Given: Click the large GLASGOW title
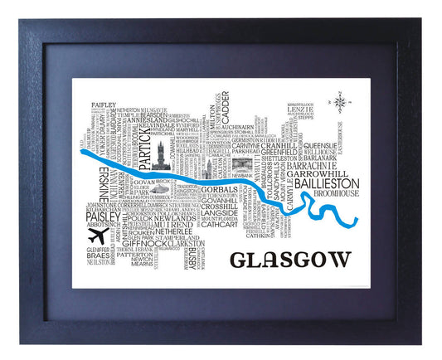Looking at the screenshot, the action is tap(289, 260).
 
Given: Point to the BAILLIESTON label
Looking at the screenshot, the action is tap(324, 182).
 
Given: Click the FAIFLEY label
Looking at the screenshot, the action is tap(103, 105).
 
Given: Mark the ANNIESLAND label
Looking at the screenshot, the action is tap(146, 119).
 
